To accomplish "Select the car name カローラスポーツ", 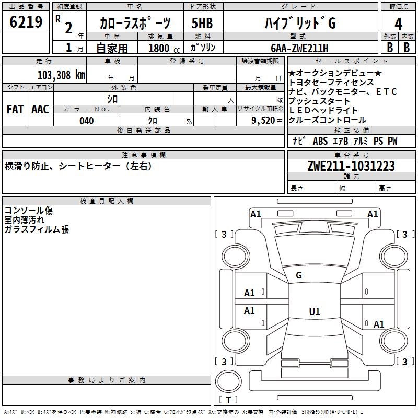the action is pyautogui.click(x=134, y=23).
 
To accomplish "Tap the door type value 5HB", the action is pyautogui.click(x=202, y=23).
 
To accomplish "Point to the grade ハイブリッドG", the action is pyautogui.click(x=299, y=23).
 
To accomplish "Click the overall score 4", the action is pyautogui.click(x=398, y=24).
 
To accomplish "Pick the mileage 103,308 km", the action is pyautogui.click(x=61, y=75).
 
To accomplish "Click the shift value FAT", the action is pyautogui.click(x=15, y=109).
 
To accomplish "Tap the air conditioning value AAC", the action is pyautogui.click(x=40, y=109).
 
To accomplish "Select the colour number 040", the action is pyautogui.click(x=87, y=121).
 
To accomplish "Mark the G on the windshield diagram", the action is pyautogui.click(x=299, y=275).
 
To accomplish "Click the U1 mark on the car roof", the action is pyautogui.click(x=315, y=312).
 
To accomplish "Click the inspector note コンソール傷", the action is pyautogui.click(x=28, y=211).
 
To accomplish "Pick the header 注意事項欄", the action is pyautogui.click(x=144, y=155).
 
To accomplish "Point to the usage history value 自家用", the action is pyautogui.click(x=112, y=48).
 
